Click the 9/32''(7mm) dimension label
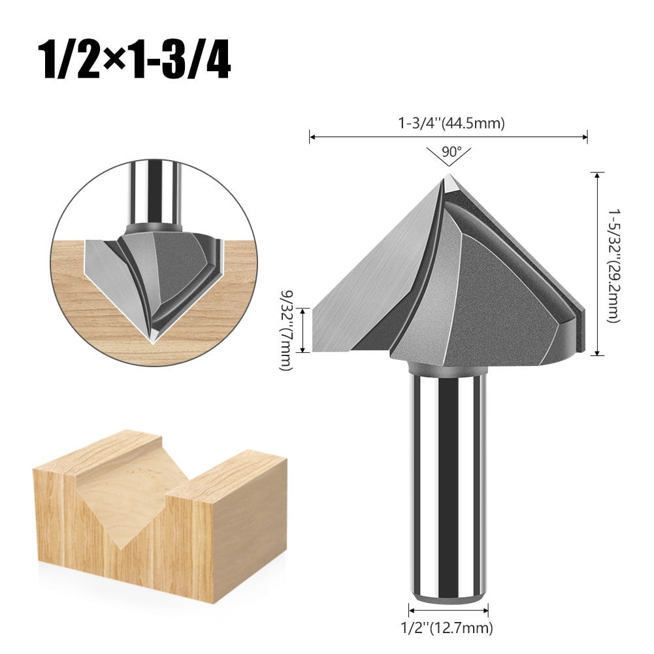(x=285, y=332)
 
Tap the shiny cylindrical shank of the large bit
(x=448, y=483)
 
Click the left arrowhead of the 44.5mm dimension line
(x=312, y=137)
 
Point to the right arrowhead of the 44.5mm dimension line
(x=585, y=137)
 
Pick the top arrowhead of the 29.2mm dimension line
(x=597, y=174)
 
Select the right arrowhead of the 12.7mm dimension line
(x=486, y=612)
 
